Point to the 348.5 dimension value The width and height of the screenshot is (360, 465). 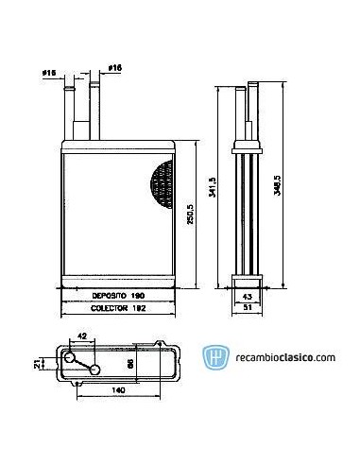[277, 179]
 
